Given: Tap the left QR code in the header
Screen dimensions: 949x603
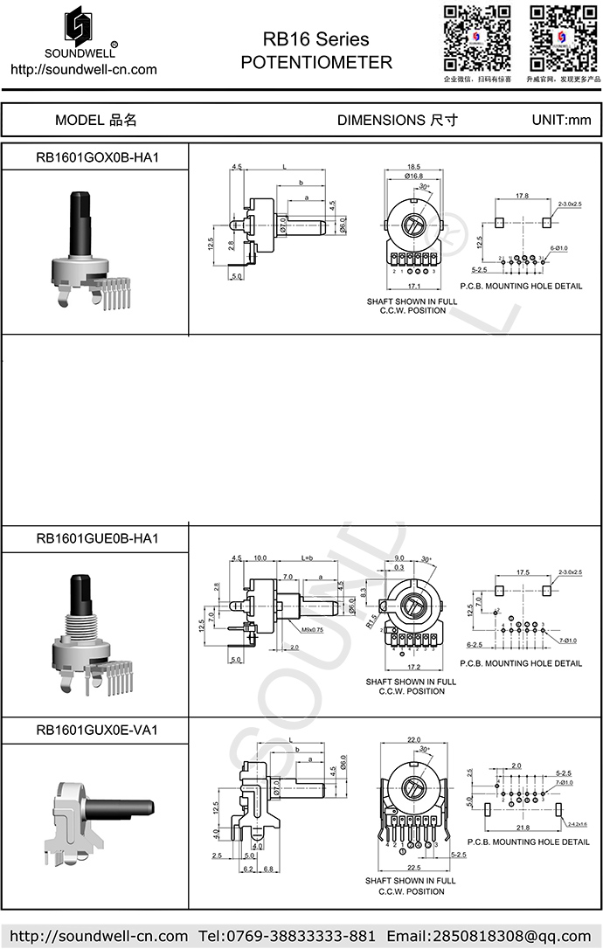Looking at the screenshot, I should coord(476,38).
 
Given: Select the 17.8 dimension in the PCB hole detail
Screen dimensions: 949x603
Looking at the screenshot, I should coord(522,197).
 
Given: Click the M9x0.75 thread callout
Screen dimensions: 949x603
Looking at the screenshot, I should coord(291,629).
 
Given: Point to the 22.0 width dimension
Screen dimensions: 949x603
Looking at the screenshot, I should coord(413,739).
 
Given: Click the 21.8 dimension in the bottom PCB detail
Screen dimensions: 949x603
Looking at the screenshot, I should coord(523,827).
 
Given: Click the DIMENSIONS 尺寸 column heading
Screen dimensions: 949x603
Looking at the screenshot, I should coord(398,121).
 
